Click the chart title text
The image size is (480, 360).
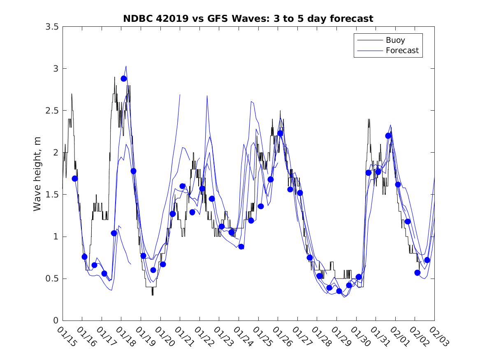point(248,19)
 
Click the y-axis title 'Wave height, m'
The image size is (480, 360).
point(37,173)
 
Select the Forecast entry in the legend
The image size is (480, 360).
point(402,51)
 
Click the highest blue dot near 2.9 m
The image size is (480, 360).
point(124,79)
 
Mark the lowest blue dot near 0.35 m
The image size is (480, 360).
point(339,291)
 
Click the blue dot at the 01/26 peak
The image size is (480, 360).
point(281,133)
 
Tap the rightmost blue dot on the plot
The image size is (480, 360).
point(427,260)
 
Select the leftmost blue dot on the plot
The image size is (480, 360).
point(75,179)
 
